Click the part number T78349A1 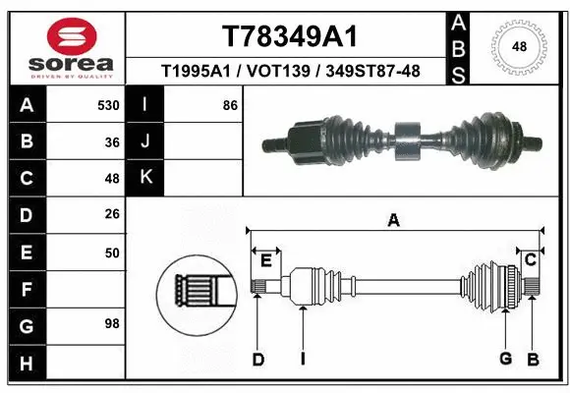[289, 36]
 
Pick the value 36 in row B [112, 142]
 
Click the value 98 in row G [112, 323]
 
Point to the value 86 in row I [230, 105]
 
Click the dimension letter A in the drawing [393, 220]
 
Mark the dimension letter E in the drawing [265, 259]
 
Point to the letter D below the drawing [257, 360]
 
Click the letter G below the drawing [505, 360]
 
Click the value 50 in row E [112, 253]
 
